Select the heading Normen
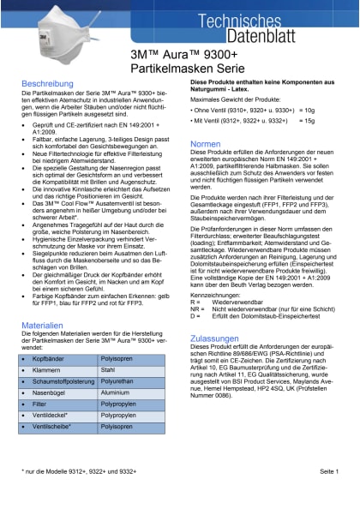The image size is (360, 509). point(206,143)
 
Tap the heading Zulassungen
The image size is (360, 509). point(214,338)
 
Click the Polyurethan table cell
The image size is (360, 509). point(117,385)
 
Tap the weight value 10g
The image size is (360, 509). point(309,111)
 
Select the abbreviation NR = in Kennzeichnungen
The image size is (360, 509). point(196,308)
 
